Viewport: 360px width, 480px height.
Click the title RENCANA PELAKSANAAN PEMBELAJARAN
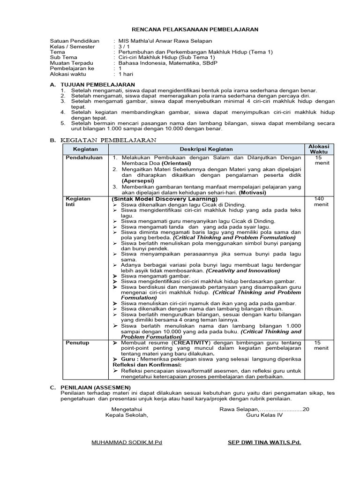pyautogui.click(x=194, y=29)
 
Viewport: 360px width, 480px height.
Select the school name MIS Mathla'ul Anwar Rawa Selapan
pyautogui.click(x=165, y=41)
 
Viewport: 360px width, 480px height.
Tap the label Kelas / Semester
pyautogui.click(x=72, y=47)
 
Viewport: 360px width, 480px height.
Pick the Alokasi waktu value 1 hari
pyautogui.click(x=126, y=74)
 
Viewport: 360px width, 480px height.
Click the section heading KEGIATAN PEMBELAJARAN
pyautogui.click(x=109, y=140)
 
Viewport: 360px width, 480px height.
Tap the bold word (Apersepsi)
pyautogui.click(x=140, y=180)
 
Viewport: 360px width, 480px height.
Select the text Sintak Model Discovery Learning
pyautogui.click(x=165, y=199)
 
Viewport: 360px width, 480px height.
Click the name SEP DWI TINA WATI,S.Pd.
pyautogui.click(x=264, y=442)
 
